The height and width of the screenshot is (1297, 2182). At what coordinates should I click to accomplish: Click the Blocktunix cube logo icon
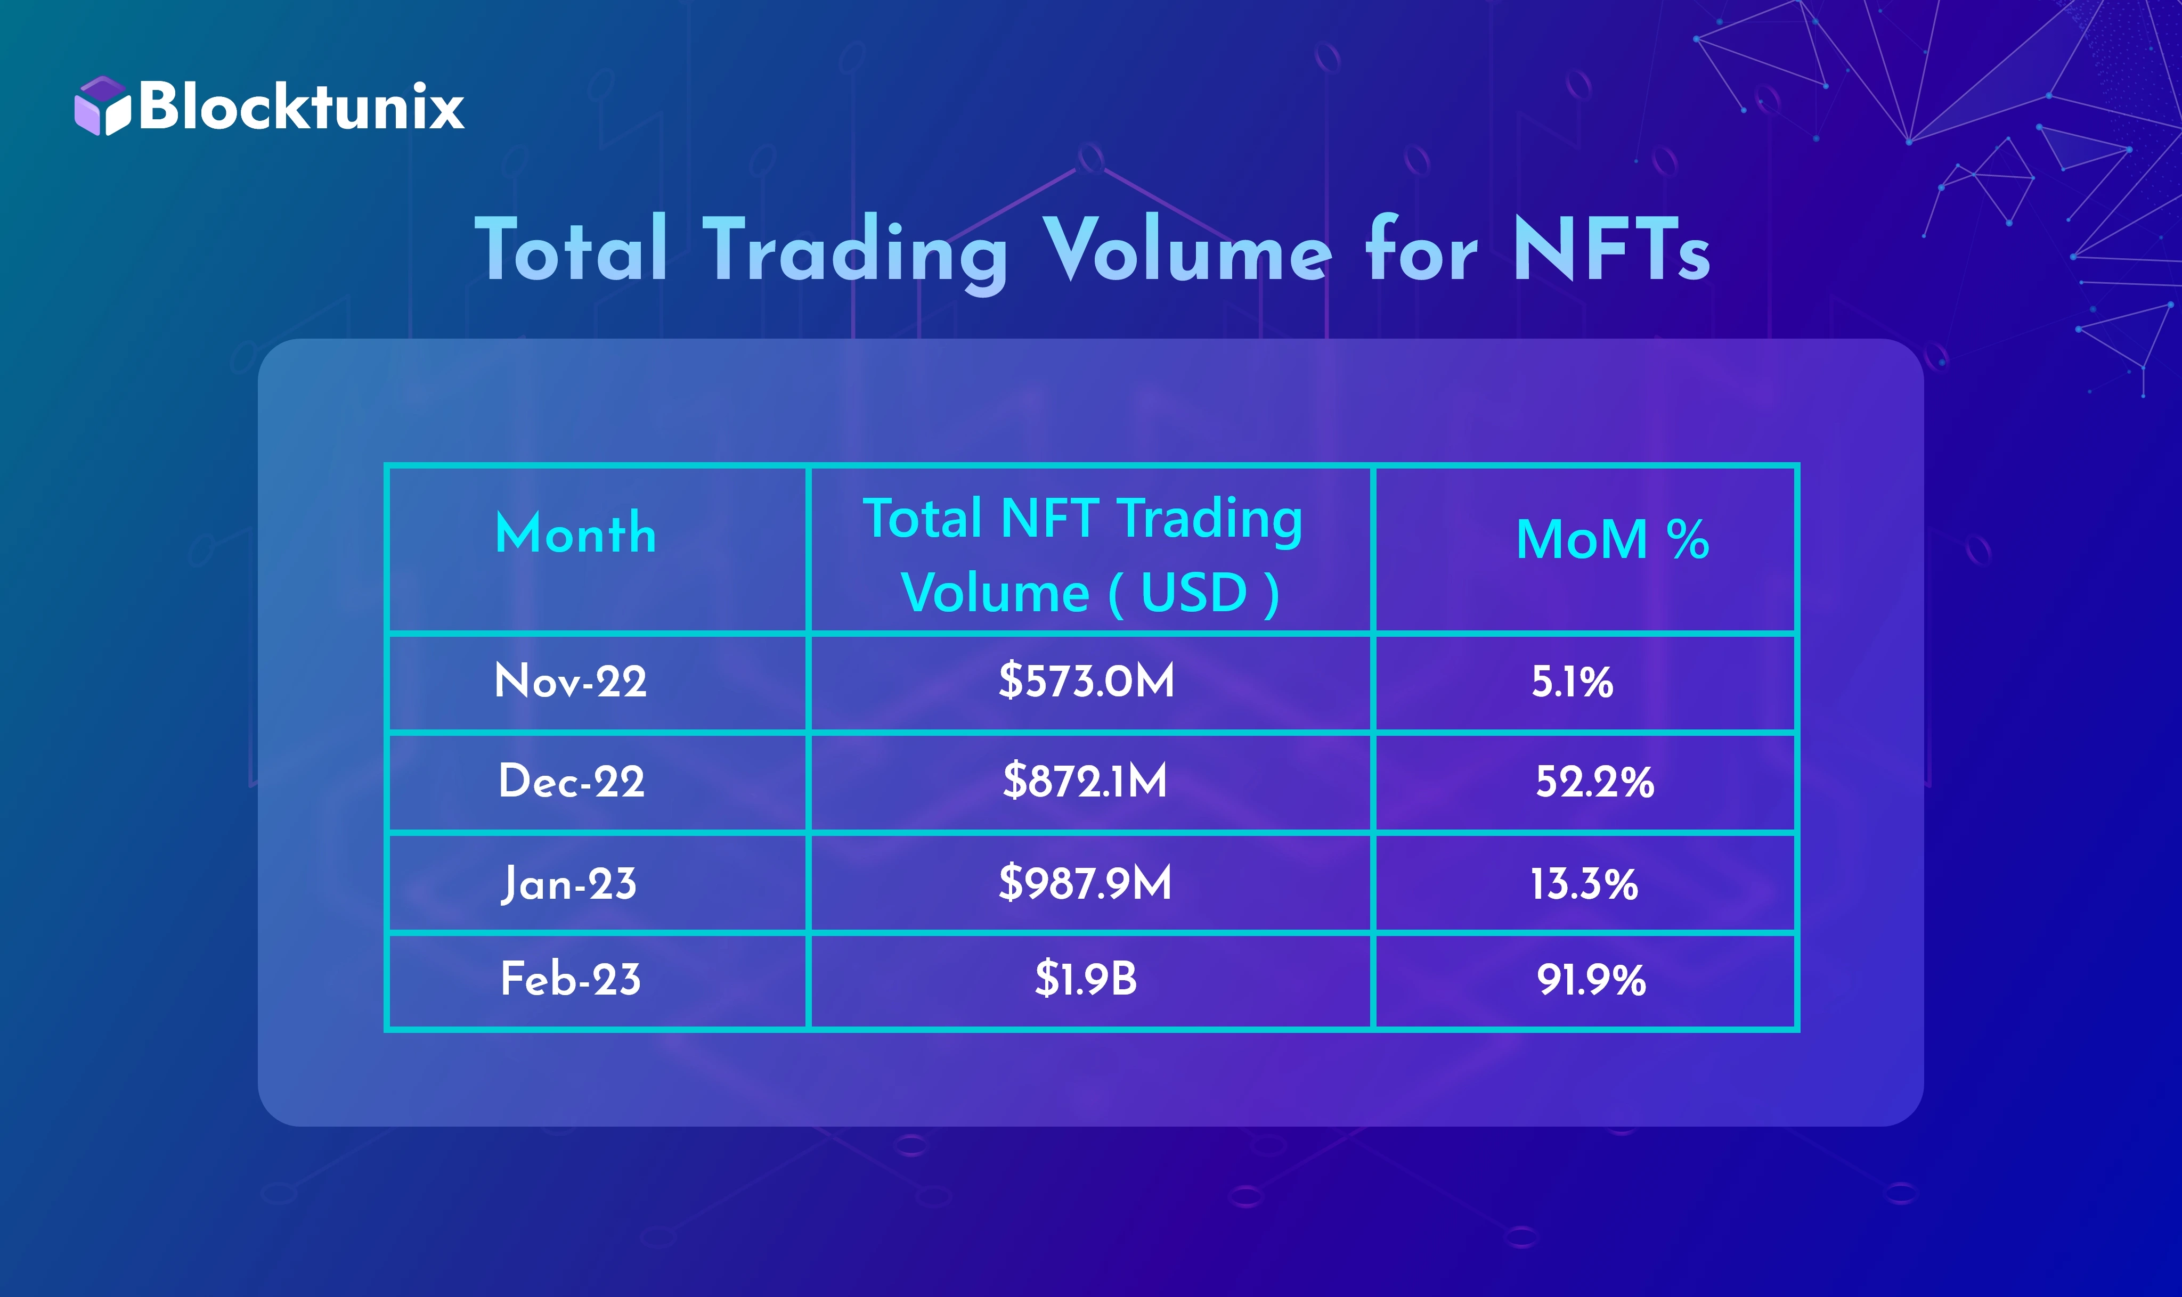[102, 106]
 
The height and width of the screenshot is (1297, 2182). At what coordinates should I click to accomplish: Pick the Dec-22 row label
[571, 781]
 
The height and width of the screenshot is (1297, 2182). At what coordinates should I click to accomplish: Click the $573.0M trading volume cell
[1087, 681]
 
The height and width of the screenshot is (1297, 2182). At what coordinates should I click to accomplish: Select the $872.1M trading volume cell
[1085, 781]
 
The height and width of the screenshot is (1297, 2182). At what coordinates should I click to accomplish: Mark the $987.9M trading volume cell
[1085, 883]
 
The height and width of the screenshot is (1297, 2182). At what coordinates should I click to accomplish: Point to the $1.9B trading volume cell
[1086, 979]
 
